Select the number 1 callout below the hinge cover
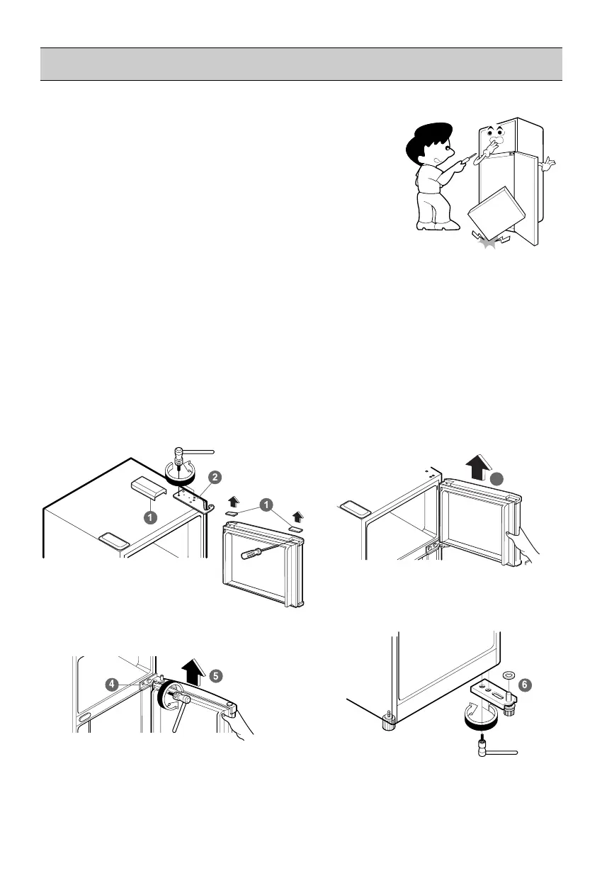(150, 517)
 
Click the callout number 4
(112, 685)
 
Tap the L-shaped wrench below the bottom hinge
(496, 749)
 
